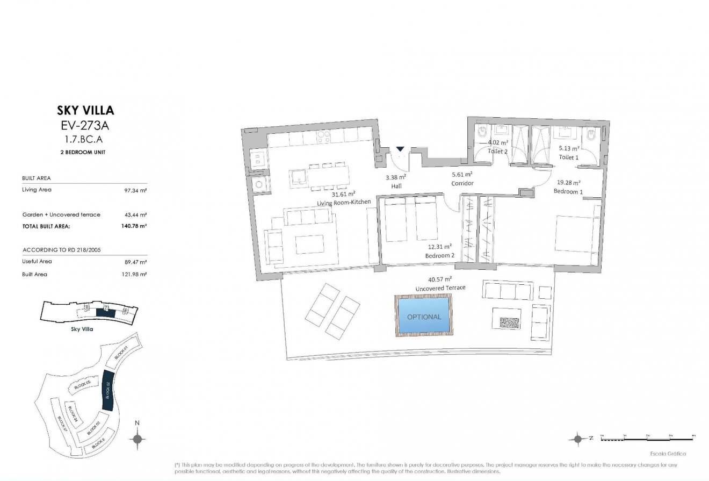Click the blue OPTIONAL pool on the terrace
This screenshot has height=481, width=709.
[424, 317]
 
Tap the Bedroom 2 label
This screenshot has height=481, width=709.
[440, 256]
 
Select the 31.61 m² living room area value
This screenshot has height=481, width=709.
[343, 194]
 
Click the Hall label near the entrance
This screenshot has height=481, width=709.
[396, 186]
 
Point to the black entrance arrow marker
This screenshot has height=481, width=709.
[400, 149]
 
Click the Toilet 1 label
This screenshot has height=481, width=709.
[569, 157]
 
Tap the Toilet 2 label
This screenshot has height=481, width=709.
[497, 152]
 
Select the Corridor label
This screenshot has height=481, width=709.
[462, 183]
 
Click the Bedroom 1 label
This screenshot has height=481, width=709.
[568, 191]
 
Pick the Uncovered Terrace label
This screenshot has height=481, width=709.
[440, 288]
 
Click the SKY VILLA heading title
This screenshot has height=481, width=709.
[85, 111]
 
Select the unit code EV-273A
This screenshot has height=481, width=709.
[85, 127]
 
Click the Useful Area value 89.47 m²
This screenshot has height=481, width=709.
[136, 262]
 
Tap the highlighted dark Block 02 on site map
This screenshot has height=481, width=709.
[108, 392]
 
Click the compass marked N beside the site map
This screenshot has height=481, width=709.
[138, 439]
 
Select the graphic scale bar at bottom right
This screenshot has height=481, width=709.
[647, 439]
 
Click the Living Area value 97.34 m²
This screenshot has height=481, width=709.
[136, 190]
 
